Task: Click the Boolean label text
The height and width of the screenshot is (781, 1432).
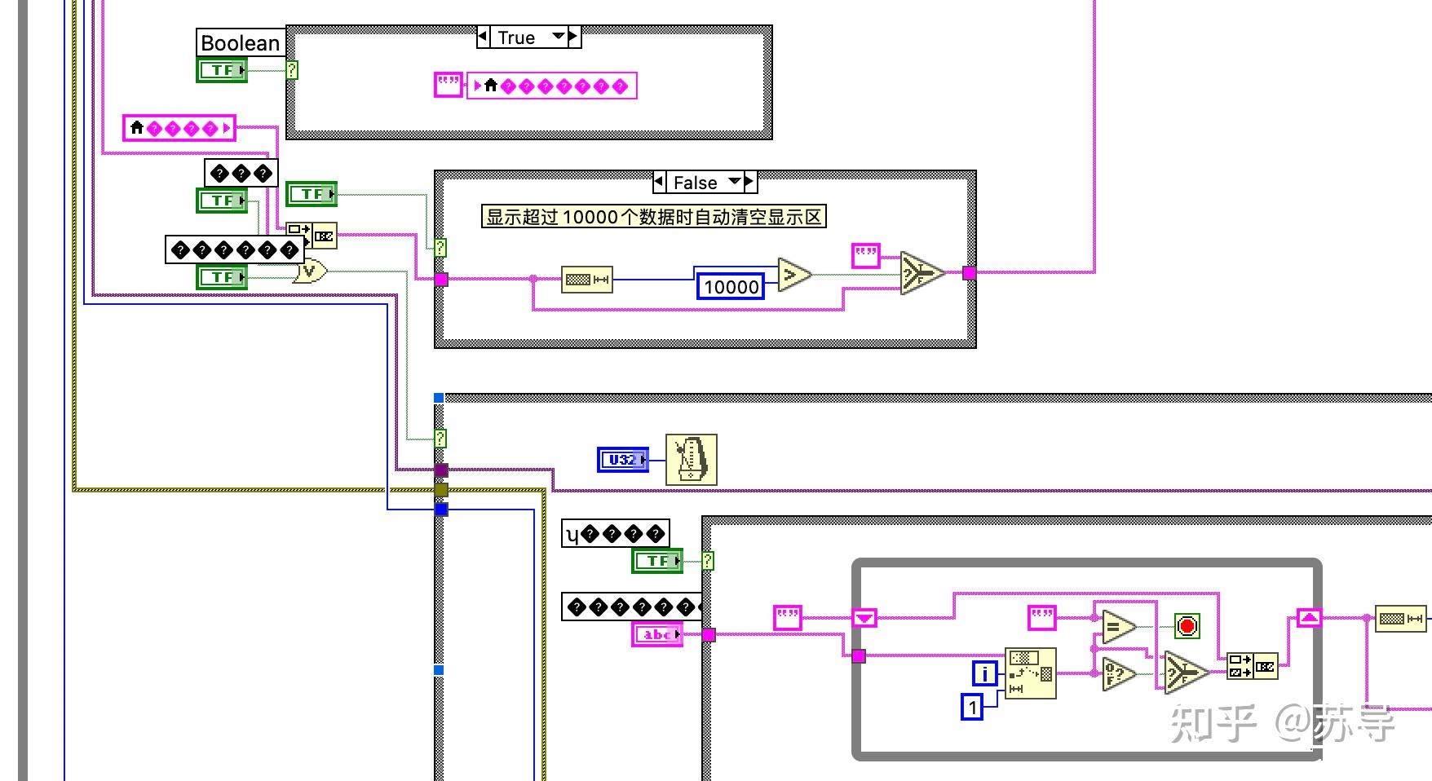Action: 240,43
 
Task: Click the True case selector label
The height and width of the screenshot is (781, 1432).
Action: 516,38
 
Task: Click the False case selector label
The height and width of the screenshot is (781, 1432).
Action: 695,183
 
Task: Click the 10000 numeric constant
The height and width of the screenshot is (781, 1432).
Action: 731,287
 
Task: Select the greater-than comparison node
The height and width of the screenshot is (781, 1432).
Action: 793,275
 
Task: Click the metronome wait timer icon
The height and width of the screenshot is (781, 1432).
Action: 692,460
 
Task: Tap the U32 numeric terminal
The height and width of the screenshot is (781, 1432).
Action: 623,460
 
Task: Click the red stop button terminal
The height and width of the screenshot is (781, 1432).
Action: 1187,626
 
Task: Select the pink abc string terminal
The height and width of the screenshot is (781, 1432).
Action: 657,634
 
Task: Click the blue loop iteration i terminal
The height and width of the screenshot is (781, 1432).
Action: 985,673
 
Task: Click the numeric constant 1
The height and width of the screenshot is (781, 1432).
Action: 973,707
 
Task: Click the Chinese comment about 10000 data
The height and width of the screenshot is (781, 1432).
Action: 653,217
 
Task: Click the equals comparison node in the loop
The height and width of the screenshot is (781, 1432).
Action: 1117,627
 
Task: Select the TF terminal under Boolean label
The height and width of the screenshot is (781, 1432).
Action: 222,70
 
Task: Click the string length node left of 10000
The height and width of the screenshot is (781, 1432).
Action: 587,280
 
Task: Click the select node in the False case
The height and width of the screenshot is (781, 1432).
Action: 922,273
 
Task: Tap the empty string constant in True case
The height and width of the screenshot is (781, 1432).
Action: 448,85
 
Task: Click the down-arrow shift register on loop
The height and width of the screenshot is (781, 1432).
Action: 864,618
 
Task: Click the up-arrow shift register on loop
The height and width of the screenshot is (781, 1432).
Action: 1309,618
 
